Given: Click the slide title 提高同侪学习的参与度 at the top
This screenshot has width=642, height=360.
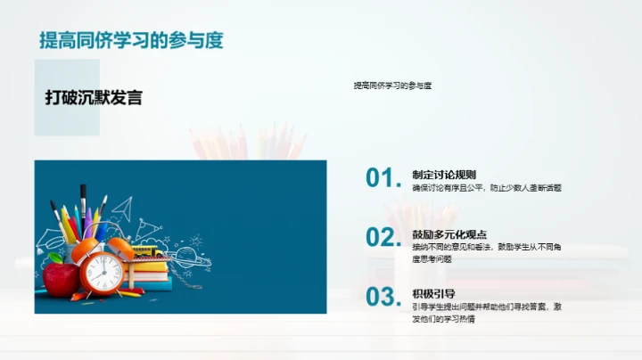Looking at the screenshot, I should pyautogui.click(x=131, y=40).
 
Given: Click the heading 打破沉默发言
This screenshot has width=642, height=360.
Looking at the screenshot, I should pyautogui.click(x=94, y=98).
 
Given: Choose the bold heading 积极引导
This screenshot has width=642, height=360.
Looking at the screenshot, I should pyautogui.click(x=434, y=293).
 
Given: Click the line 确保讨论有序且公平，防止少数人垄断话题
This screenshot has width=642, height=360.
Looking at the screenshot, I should pyautogui.click(x=486, y=188).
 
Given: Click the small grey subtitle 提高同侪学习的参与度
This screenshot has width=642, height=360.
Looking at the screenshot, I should pyautogui.click(x=392, y=86).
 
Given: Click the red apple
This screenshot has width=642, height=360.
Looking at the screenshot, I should pyautogui.click(x=61, y=279).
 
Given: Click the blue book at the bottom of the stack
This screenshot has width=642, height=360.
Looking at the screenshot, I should pyautogui.click(x=152, y=286).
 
